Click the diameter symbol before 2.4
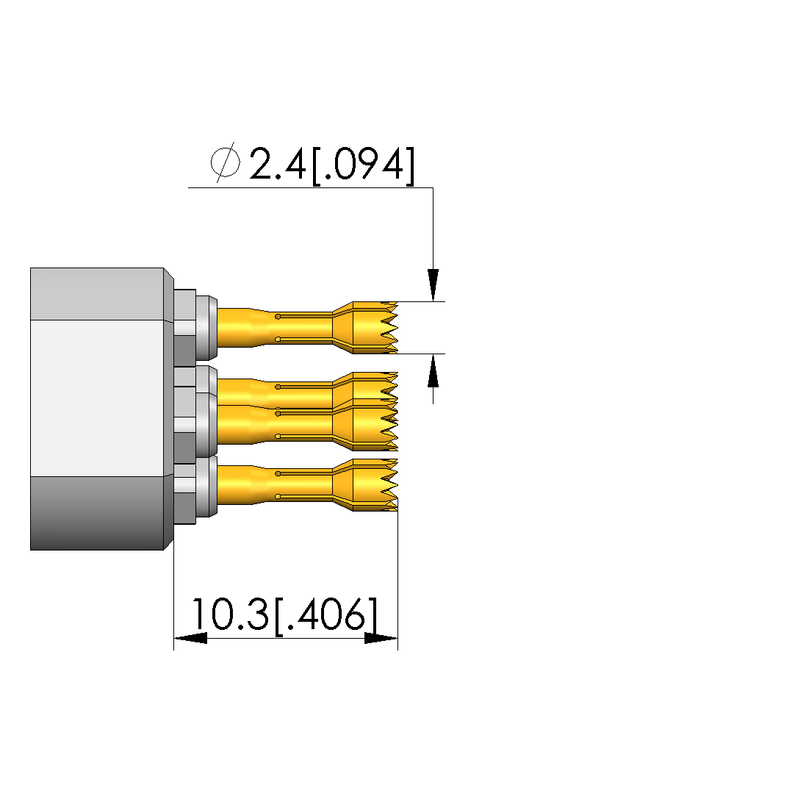pos(226,162)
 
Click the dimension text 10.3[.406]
pos(284,614)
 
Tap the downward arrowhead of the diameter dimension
pos(433,284)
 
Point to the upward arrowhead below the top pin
pos(433,370)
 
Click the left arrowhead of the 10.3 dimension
pos(190,638)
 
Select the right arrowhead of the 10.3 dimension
pos(381,638)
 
